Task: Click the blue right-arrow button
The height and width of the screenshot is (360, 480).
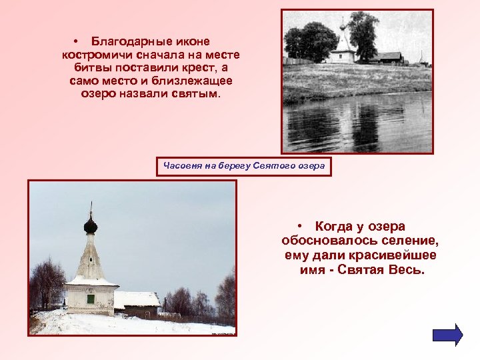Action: tap(447, 335)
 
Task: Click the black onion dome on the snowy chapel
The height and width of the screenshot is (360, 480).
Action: tap(91, 225)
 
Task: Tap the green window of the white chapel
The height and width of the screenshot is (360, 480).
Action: tap(91, 299)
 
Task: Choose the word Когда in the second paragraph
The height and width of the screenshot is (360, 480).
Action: tap(337, 227)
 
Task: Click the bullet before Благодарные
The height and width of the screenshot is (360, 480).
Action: tap(77, 42)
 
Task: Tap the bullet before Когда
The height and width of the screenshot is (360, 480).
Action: tap(301, 227)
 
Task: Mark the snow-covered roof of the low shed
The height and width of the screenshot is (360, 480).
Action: tap(137, 299)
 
